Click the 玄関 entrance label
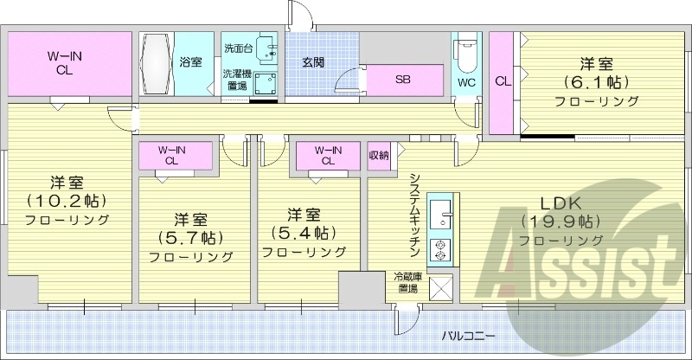313,62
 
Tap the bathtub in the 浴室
158,64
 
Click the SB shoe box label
403,80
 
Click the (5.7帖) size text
190,237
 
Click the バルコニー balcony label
469,334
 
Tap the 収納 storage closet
379,155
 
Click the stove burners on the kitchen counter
441,249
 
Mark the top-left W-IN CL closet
69,64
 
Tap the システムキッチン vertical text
414,213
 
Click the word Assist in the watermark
580,260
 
